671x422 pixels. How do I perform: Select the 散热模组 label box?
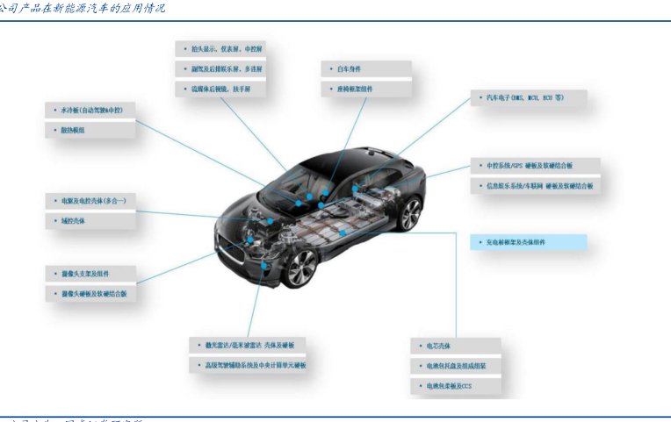pyautogui.click(x=75, y=130)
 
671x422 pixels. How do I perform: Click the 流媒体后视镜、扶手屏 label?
pyautogui.click(x=221, y=89)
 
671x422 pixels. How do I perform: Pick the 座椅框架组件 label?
pyautogui.click(x=348, y=89)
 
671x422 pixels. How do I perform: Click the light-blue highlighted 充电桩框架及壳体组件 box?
pyautogui.click(x=521, y=241)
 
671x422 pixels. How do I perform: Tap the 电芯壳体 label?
pyautogui.click(x=432, y=347)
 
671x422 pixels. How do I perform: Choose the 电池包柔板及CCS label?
pyautogui.click(x=443, y=385)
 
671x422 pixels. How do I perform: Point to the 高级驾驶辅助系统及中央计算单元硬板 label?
pyautogui.click(x=250, y=365)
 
